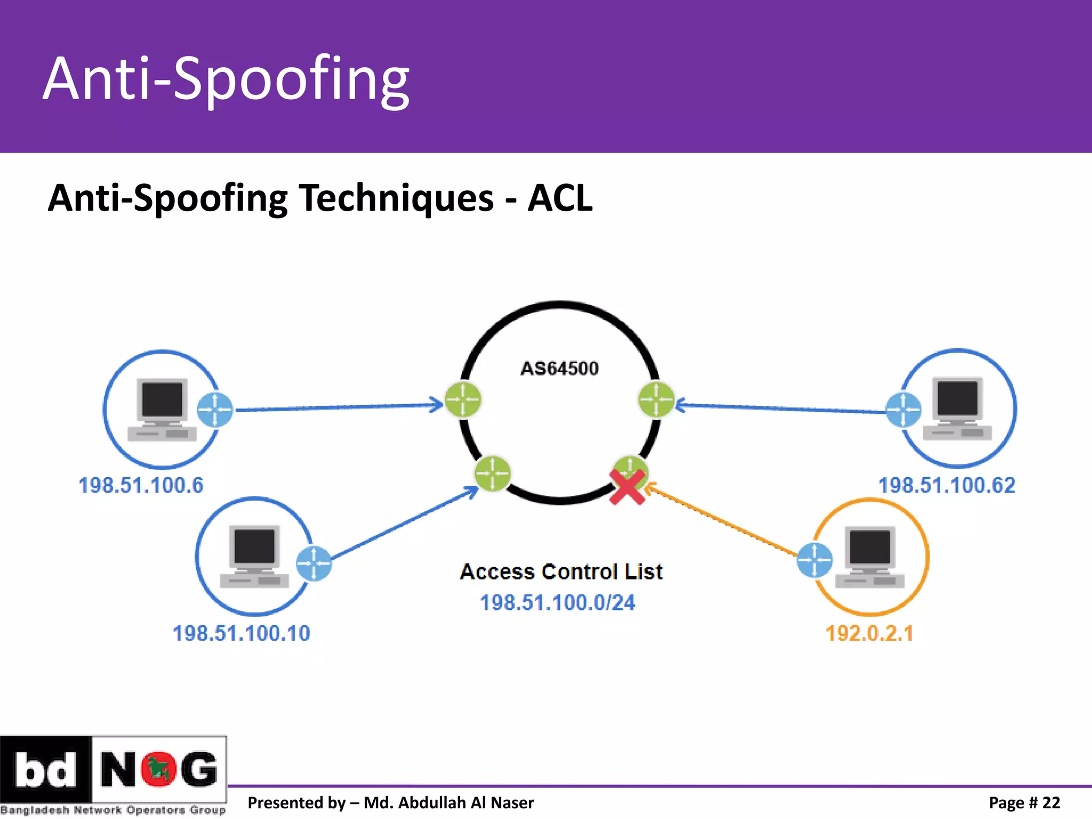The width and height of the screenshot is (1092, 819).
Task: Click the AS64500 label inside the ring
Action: tap(559, 368)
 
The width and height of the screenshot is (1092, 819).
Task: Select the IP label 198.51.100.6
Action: tap(141, 485)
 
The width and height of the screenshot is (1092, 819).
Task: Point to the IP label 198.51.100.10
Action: tap(242, 633)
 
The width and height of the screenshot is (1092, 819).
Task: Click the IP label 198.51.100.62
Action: tap(947, 485)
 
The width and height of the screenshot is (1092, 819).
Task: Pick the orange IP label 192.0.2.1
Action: tap(869, 633)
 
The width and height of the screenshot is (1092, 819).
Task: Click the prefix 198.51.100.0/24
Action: tap(558, 603)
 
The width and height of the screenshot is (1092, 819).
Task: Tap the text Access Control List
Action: tap(561, 572)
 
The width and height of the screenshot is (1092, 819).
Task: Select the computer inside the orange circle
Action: tap(870, 557)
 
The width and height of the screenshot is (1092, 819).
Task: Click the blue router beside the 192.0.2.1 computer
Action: tap(814, 560)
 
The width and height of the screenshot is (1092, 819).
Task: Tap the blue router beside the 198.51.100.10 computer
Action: tap(314, 564)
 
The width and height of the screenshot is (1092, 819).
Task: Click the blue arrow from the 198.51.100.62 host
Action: tap(778, 408)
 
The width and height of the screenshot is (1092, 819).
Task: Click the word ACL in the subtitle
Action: tap(560, 198)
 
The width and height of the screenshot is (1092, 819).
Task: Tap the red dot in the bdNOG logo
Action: tap(158, 769)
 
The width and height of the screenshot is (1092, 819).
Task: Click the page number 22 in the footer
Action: tap(1051, 802)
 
